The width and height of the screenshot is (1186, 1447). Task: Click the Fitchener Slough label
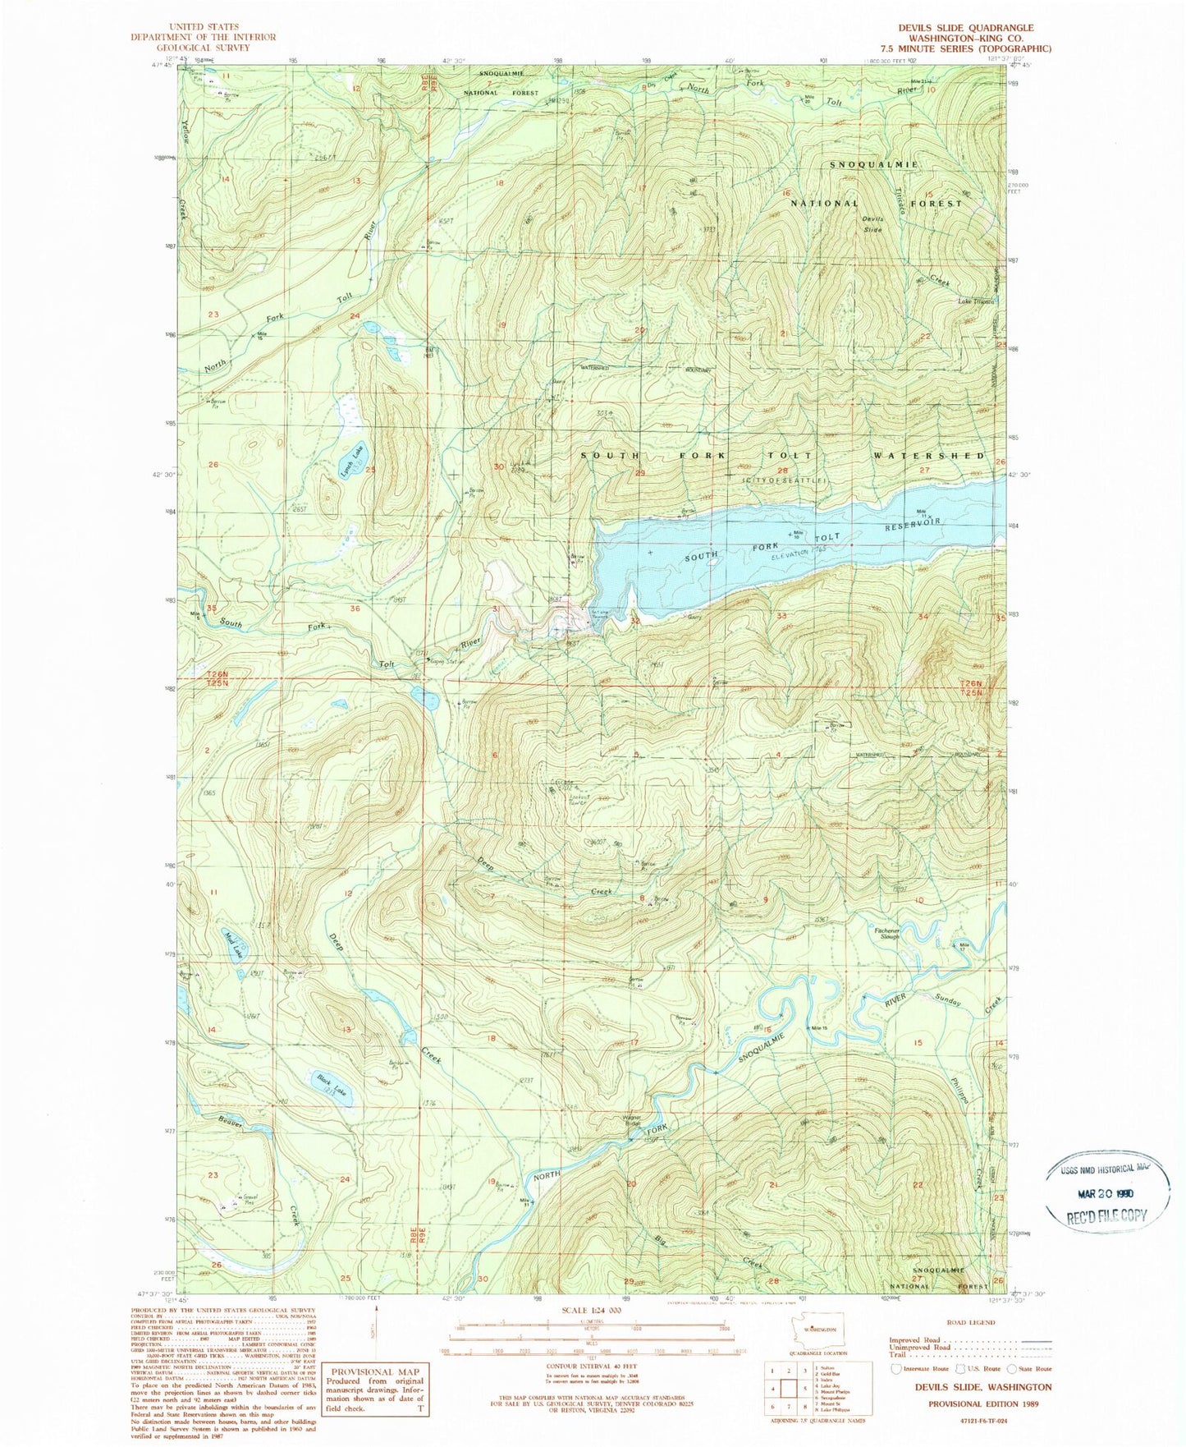tap(888, 934)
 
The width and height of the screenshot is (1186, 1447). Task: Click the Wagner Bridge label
tap(632, 1134)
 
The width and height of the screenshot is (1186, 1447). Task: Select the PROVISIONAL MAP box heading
tap(375, 1372)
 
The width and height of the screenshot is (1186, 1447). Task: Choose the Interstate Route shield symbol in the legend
tap(896, 1369)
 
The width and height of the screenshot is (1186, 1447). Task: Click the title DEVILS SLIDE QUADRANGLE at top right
tap(966, 28)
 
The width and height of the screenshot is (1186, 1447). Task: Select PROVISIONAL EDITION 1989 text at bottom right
tap(983, 1404)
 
